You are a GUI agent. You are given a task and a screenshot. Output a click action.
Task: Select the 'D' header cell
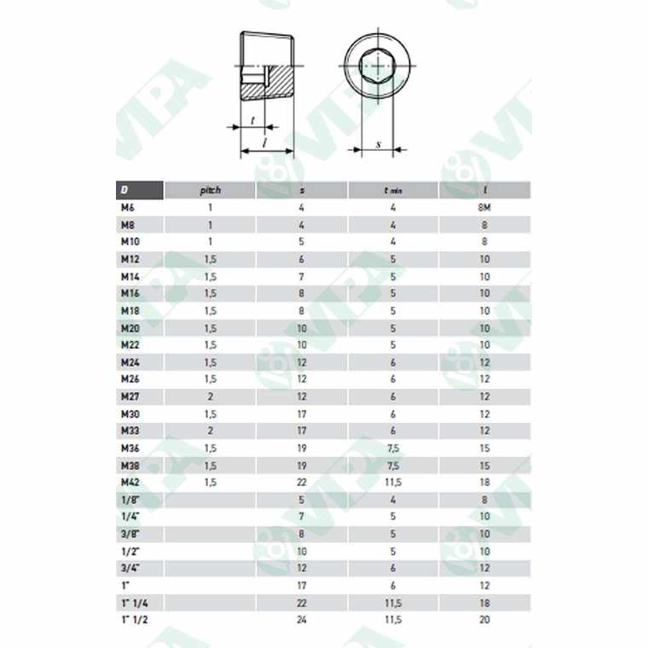[x=124, y=190]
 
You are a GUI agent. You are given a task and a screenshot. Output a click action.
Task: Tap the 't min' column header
[x=393, y=190]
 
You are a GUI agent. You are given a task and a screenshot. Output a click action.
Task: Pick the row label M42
[x=130, y=483]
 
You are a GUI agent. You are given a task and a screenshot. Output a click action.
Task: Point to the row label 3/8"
[x=130, y=534]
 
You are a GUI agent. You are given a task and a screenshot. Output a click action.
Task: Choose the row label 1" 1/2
[x=134, y=619]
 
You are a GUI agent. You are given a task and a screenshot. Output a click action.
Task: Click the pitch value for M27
[x=210, y=396]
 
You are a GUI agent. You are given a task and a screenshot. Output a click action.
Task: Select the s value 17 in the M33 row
[x=302, y=431]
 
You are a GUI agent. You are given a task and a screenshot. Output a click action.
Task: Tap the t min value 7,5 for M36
[x=393, y=448]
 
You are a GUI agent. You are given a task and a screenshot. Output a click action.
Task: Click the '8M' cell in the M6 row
[x=485, y=207]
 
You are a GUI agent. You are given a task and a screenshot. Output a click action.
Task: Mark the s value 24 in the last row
[x=302, y=619]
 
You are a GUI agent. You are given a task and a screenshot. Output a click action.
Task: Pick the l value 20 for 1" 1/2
[x=485, y=619]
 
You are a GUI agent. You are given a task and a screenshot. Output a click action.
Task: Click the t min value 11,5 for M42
[x=393, y=483]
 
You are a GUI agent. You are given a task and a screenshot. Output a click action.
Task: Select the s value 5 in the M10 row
[x=302, y=241]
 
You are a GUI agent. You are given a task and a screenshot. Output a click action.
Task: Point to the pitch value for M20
[x=210, y=327]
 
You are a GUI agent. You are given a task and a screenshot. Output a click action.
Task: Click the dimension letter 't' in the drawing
[x=253, y=120]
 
